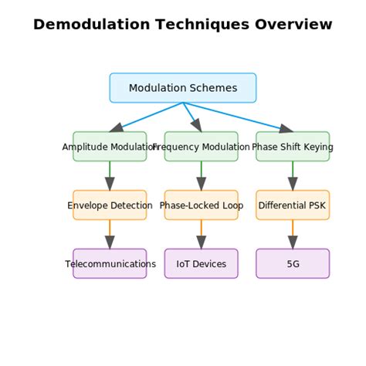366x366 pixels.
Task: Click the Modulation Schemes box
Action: tap(183, 88)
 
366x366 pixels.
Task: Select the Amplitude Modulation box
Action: tap(110, 147)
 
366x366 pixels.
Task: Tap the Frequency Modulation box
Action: tap(202, 147)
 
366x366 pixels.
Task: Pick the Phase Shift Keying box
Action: tap(293, 147)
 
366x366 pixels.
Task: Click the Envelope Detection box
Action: tap(110, 205)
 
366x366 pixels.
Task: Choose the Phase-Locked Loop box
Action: tap(202, 205)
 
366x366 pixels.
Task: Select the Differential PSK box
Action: tap(293, 205)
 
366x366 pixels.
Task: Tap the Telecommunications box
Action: tap(110, 264)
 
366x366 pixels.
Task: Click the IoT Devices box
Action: tap(202, 264)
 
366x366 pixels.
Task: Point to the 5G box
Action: tap(293, 264)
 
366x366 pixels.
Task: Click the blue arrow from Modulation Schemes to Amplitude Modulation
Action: tap(147, 117)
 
